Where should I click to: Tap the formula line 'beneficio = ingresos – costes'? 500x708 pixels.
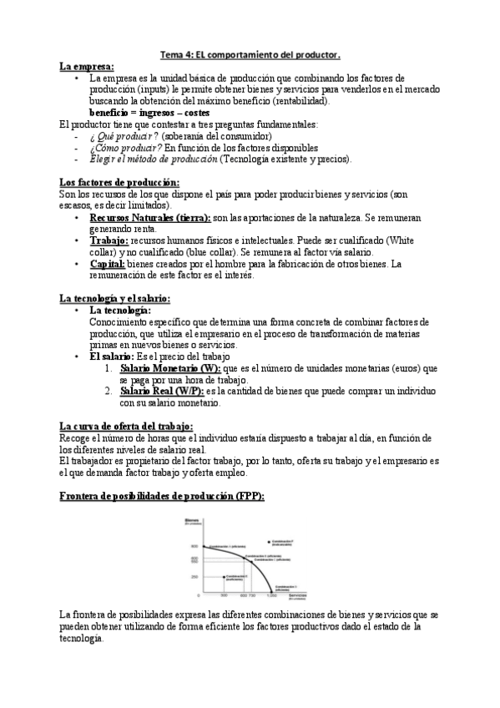click(x=149, y=112)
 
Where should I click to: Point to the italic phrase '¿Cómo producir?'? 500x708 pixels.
click(x=124, y=148)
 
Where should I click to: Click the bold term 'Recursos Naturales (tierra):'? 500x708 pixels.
click(x=150, y=217)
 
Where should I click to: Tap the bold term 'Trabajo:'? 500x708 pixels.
click(x=108, y=240)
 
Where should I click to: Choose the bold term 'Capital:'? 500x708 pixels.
click(x=108, y=264)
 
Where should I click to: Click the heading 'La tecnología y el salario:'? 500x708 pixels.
click(x=115, y=298)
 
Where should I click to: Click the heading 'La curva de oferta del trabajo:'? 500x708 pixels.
click(x=127, y=426)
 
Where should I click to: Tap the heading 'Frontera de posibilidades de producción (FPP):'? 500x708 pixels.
click(x=163, y=496)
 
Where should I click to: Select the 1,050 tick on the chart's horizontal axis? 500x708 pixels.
click(x=271, y=596)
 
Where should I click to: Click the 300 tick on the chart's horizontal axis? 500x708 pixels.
click(x=224, y=596)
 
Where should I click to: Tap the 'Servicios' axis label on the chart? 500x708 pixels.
click(x=293, y=594)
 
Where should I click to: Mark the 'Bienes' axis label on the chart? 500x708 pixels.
click(x=194, y=518)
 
